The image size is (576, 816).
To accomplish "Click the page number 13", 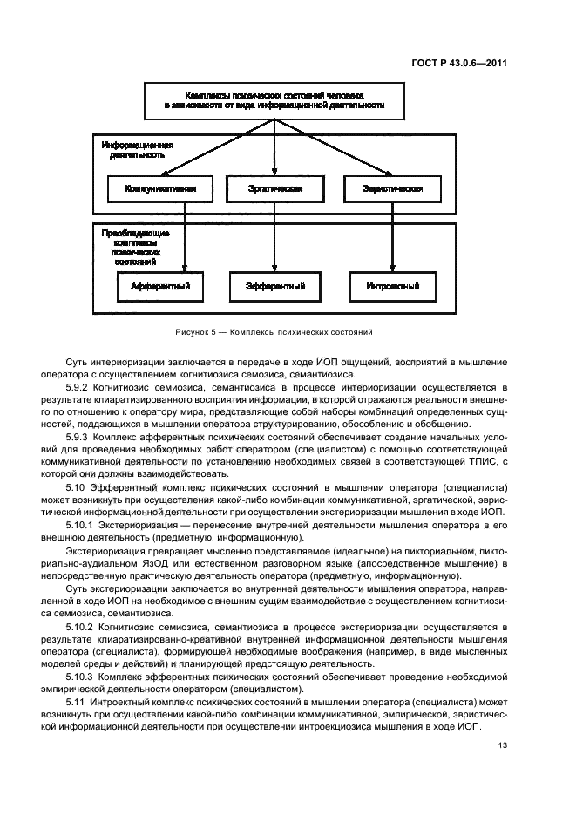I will pyautogui.click(x=503, y=745).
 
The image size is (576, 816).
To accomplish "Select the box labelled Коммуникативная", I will pyautogui.click(x=160, y=188).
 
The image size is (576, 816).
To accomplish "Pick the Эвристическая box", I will pyautogui.click(x=392, y=188).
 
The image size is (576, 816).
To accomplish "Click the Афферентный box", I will pyautogui.click(x=160, y=285).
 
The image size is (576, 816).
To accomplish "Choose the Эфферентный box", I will pyautogui.click(x=275, y=285).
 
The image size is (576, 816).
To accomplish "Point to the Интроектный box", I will pyautogui.click(x=392, y=285).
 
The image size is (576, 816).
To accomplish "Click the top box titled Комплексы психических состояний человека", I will pyautogui.click(x=274, y=99).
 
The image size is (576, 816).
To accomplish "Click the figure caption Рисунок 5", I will pyautogui.click(x=275, y=332).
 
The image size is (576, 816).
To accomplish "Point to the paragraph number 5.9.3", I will pyautogui.click(x=79, y=435).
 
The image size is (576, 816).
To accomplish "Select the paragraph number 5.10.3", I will pyautogui.click(x=83, y=675).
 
